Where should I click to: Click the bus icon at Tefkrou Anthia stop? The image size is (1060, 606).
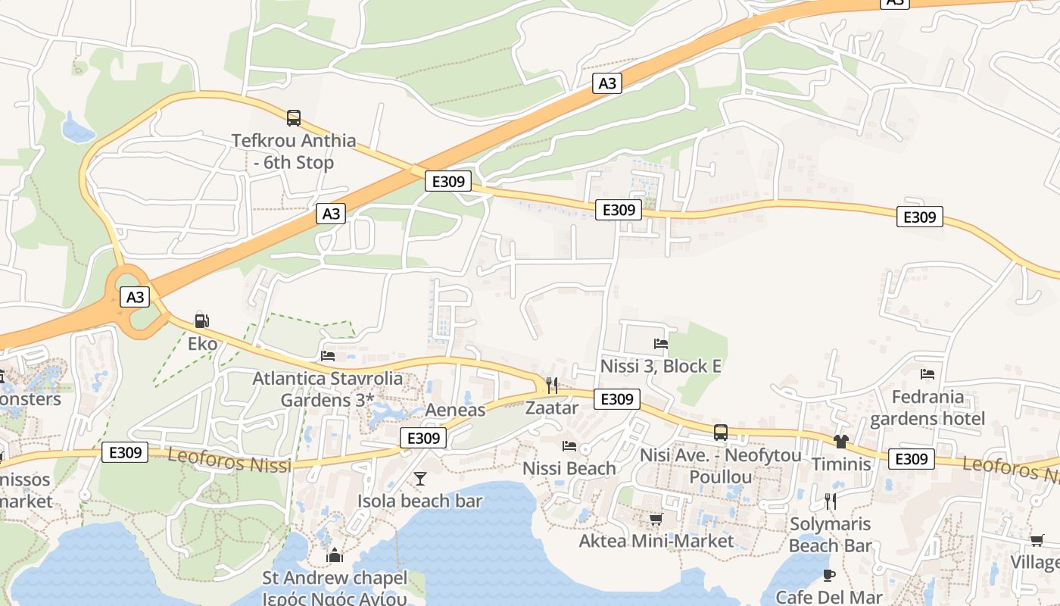294,118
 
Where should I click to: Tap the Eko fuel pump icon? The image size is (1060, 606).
201,320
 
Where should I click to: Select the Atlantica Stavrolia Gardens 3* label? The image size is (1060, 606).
327,389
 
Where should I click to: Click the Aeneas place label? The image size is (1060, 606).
455,410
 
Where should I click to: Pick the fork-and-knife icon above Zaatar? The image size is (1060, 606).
551,386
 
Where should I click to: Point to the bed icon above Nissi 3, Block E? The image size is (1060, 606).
660,344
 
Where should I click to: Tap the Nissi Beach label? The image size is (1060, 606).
569,468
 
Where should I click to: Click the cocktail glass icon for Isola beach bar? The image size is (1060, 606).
420,479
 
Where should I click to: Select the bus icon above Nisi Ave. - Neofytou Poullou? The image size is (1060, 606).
721,433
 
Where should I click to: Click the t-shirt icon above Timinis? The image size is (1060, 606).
841,442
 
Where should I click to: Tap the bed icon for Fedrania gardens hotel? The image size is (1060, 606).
927,374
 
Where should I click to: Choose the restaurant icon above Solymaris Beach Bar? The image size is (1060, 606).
830,501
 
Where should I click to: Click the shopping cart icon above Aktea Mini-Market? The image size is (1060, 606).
656,520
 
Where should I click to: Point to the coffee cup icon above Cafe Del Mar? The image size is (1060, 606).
829,575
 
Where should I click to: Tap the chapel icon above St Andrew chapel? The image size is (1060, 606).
335,556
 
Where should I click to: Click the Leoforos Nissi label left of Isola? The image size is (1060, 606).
229,460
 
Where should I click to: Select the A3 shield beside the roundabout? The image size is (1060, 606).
135,297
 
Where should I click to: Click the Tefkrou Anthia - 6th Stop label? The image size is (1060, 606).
294,151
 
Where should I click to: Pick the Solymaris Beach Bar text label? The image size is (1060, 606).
830,534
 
